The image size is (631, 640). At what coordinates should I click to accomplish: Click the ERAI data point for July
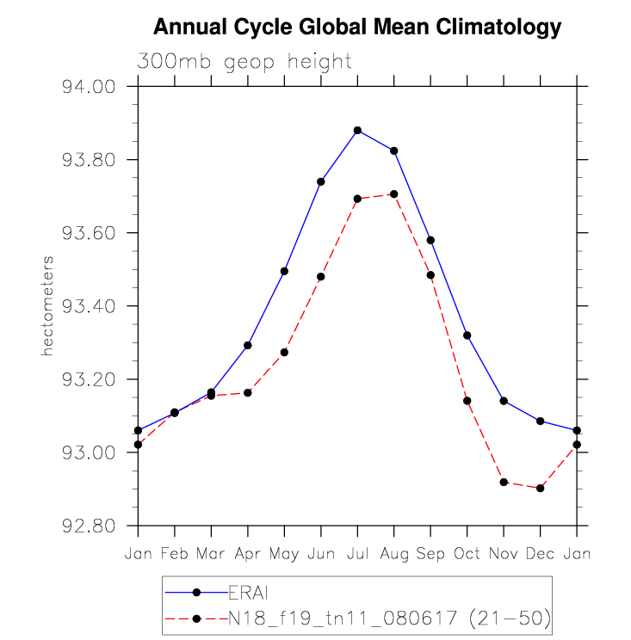357,130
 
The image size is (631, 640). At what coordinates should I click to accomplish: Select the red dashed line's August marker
394,194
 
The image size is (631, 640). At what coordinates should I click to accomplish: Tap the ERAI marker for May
284,271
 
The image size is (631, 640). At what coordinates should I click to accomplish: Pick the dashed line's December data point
541,489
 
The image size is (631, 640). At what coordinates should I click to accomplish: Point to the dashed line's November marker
504,482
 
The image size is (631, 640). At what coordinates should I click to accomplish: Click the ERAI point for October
467,335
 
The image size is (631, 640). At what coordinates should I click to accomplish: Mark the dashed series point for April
248,392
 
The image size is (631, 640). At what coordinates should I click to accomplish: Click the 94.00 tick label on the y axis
89,87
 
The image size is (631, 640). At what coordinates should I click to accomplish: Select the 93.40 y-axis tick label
89,306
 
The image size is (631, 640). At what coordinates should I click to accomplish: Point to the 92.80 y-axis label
89,526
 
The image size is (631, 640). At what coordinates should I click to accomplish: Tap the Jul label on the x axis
357,553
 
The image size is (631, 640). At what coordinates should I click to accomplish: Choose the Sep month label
430,553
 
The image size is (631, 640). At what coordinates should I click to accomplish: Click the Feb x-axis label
175,553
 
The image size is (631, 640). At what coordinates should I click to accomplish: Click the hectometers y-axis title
48,306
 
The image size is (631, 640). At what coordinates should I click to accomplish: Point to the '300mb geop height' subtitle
244,62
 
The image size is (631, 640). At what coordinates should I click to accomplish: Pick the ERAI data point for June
321,182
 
